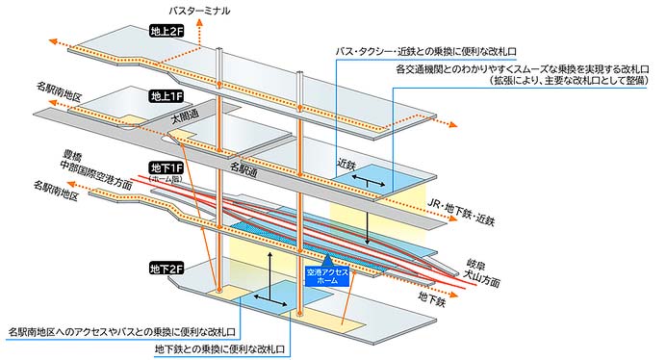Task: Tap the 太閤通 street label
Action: coord(187,117)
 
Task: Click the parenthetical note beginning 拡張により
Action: coord(572,84)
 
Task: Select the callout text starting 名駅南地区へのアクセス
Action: coord(122,331)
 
